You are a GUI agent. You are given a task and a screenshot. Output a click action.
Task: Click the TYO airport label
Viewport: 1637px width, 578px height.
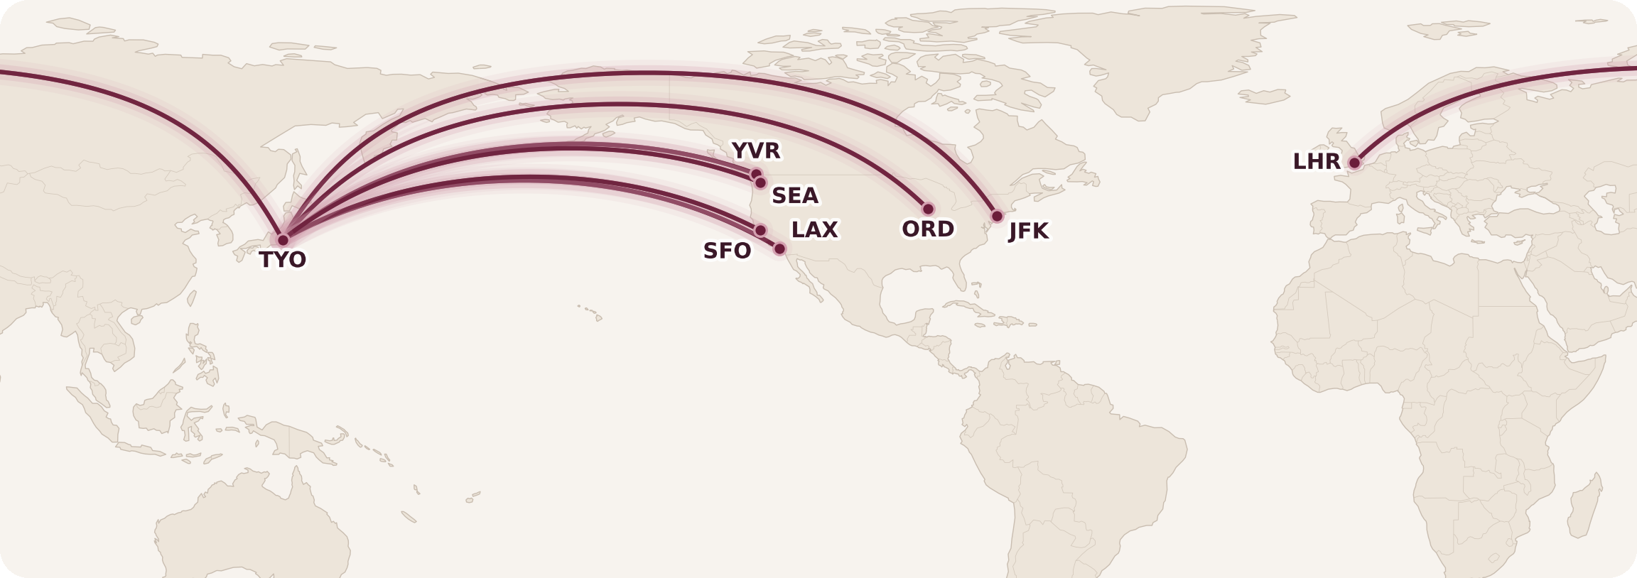pyautogui.click(x=283, y=260)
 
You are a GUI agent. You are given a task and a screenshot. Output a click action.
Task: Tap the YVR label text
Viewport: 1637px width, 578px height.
pyautogui.click(x=756, y=151)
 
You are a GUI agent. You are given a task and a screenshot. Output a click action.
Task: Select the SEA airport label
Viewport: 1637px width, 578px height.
pyautogui.click(x=795, y=195)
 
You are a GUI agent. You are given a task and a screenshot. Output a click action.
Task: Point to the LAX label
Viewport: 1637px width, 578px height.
pyautogui.click(x=814, y=230)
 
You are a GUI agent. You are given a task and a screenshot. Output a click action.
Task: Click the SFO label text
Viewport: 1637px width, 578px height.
pyautogui.click(x=727, y=251)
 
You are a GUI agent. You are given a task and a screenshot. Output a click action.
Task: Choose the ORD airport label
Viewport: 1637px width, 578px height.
pyautogui.click(x=928, y=229)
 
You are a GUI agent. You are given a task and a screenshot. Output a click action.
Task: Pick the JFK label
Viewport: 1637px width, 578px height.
pyautogui.click(x=1028, y=231)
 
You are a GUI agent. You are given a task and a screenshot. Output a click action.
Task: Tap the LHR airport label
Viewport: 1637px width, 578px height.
pyautogui.click(x=1317, y=162)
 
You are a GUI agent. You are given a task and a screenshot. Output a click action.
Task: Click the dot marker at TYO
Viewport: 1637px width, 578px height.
pyautogui.click(x=283, y=240)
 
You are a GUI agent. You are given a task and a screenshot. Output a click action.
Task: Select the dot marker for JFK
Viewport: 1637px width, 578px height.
pyautogui.click(x=997, y=216)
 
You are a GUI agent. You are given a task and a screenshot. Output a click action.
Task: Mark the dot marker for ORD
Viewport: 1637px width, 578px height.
pyautogui.click(x=928, y=209)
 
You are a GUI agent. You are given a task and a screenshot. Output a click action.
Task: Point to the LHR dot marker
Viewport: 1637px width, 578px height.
pyautogui.click(x=1354, y=163)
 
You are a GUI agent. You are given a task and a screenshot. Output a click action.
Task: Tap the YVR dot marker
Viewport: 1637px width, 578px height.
pyautogui.click(x=756, y=174)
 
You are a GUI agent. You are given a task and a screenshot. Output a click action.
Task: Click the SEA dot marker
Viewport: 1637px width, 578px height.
pyautogui.click(x=761, y=183)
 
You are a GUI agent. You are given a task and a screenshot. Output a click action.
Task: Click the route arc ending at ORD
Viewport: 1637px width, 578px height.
pyautogui.click(x=618, y=105)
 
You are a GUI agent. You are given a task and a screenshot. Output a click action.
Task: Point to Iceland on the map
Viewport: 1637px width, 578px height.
pyautogui.click(x=1265, y=97)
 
